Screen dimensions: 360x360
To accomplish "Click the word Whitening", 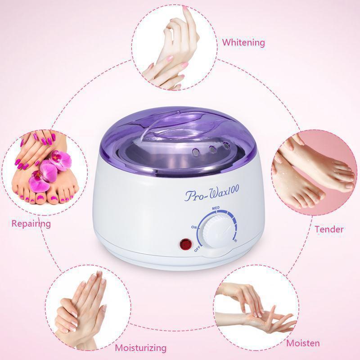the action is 243,43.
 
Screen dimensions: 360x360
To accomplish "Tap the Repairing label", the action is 31,224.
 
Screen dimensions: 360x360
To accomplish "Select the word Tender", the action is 329,229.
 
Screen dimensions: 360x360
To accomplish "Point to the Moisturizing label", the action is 140,348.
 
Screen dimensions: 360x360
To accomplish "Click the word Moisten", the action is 303,343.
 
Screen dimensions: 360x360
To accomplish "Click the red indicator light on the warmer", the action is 185,244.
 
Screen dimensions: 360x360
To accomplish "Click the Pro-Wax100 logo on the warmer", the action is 211,193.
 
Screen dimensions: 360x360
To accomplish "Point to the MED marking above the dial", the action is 216,208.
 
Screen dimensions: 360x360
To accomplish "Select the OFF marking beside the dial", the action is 197,249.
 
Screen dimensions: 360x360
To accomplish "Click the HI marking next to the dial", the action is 235,241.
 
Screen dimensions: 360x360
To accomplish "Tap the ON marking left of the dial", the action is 194,227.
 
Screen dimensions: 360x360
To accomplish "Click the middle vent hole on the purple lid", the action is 212,149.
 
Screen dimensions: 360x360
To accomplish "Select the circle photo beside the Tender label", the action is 314,173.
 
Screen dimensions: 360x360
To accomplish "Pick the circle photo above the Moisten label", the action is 256,308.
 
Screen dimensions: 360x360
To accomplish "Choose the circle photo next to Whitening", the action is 175,47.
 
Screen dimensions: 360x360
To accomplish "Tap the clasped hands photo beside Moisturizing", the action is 88,308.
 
